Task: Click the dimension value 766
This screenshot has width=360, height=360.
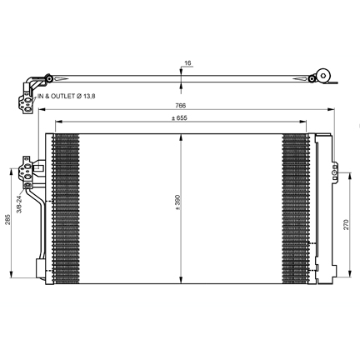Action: click(x=180, y=106)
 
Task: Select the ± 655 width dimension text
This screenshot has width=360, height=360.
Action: click(x=179, y=118)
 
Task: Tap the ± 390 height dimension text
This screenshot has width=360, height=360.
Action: click(x=178, y=202)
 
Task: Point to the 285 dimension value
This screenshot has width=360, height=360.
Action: click(x=7, y=219)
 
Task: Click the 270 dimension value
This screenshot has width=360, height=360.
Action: click(x=346, y=224)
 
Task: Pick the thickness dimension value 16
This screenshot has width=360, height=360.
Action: click(x=187, y=63)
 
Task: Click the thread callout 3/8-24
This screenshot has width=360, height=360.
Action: click(x=19, y=204)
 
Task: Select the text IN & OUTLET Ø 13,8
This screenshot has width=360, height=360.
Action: click(x=67, y=97)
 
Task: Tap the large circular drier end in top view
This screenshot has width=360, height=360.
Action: click(x=323, y=76)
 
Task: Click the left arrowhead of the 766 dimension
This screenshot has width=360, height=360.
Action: click(x=42, y=109)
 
